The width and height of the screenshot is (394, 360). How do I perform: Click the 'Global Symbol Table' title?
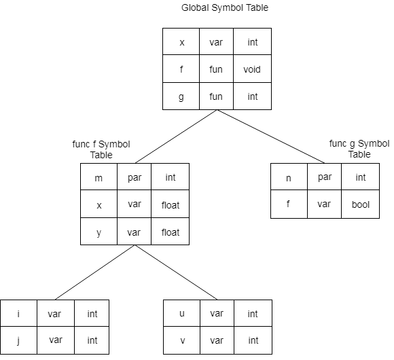point(225,7)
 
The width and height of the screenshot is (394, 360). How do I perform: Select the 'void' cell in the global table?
point(252,69)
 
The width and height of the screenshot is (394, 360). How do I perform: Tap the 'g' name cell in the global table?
point(181,96)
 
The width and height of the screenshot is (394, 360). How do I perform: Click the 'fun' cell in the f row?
point(216,69)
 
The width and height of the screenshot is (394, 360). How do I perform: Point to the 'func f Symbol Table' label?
point(101,149)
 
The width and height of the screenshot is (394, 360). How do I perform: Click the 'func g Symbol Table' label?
point(359,149)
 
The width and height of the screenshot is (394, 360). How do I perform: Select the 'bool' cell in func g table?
point(360,204)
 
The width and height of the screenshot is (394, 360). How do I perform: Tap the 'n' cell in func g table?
point(289,177)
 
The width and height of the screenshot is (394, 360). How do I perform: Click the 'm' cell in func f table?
point(98,177)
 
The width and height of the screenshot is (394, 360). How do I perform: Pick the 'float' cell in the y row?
point(170,232)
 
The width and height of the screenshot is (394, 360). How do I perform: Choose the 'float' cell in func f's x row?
point(170,204)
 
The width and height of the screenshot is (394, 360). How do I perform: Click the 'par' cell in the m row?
point(135,177)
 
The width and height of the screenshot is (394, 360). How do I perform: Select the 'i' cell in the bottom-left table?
point(18,313)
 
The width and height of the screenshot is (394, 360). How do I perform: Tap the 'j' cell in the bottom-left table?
point(18,340)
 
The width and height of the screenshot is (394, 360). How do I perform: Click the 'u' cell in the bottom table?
point(181,313)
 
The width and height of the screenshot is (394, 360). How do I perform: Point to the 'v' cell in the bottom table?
point(181,340)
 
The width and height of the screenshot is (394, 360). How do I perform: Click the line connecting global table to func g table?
point(271,137)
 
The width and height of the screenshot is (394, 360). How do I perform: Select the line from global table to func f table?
point(176,137)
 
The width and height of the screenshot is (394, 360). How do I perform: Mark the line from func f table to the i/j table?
point(95,272)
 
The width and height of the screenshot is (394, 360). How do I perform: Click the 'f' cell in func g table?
point(289,204)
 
